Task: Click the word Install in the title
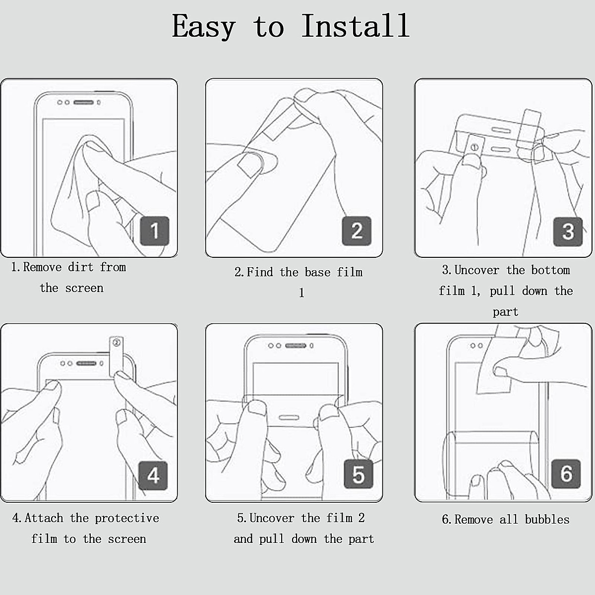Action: click(x=356, y=26)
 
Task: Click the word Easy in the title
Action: click(x=204, y=27)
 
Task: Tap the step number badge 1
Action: click(x=155, y=231)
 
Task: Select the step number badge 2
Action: click(x=357, y=231)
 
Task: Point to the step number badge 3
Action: click(x=568, y=232)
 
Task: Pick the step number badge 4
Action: click(x=153, y=475)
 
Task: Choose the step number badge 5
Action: click(x=358, y=474)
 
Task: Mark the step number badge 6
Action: click(x=566, y=474)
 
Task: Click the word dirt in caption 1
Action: click(x=81, y=267)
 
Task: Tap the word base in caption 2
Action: click(x=317, y=272)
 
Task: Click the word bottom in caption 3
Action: click(x=550, y=270)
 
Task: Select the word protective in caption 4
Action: click(x=127, y=519)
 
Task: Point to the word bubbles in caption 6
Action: click(x=547, y=520)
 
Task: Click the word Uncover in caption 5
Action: click(x=272, y=518)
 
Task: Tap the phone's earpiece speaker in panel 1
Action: click(x=83, y=103)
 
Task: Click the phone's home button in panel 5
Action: click(x=289, y=418)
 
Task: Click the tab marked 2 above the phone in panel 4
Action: click(x=117, y=355)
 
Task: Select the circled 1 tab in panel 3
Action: click(x=475, y=148)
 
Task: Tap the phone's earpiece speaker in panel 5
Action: click(x=296, y=346)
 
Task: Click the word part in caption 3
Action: click(x=505, y=312)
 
